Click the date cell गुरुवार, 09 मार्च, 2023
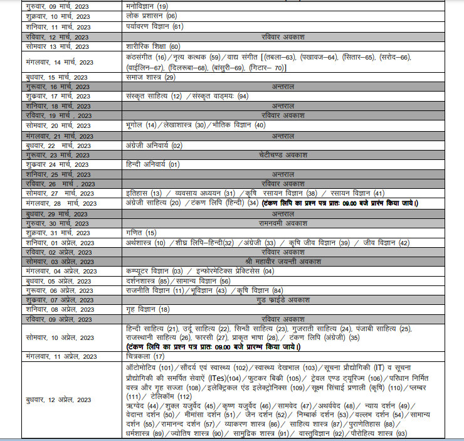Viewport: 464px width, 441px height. click(57, 6)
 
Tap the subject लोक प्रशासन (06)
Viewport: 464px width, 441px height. click(151, 16)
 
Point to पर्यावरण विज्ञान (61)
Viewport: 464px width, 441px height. click(154, 26)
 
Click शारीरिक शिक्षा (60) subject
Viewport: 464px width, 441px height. click(153, 46)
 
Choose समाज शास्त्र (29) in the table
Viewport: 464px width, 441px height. click(150, 77)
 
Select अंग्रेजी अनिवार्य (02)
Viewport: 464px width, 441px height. click(154, 146)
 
